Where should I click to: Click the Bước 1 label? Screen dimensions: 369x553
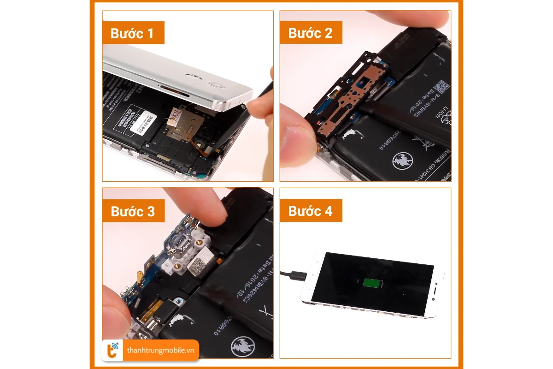(x=132, y=33)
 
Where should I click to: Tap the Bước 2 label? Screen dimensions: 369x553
(x=310, y=33)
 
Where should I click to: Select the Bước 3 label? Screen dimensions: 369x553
(x=133, y=211)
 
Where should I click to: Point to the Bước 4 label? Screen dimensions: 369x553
(x=310, y=211)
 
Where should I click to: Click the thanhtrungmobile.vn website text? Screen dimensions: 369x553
(x=161, y=351)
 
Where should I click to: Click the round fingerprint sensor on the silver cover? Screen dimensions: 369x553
(x=215, y=84)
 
